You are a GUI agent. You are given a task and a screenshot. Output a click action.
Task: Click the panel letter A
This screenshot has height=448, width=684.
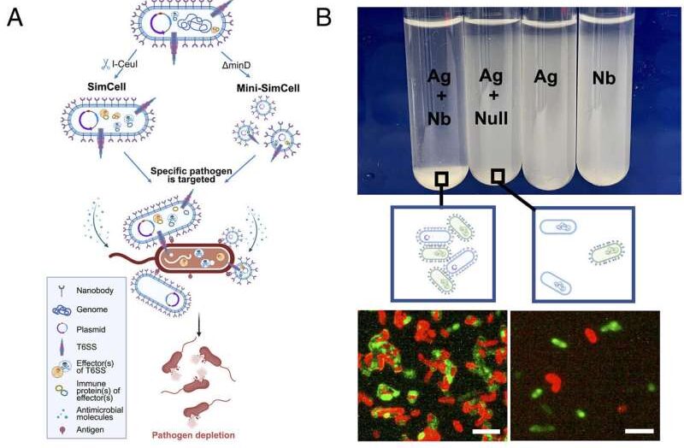tap(15, 17)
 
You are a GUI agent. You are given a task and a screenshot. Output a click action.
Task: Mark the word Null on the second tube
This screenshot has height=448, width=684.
tap(492, 121)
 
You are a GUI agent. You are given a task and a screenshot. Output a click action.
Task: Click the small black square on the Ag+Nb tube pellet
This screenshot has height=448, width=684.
tap(442, 179)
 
